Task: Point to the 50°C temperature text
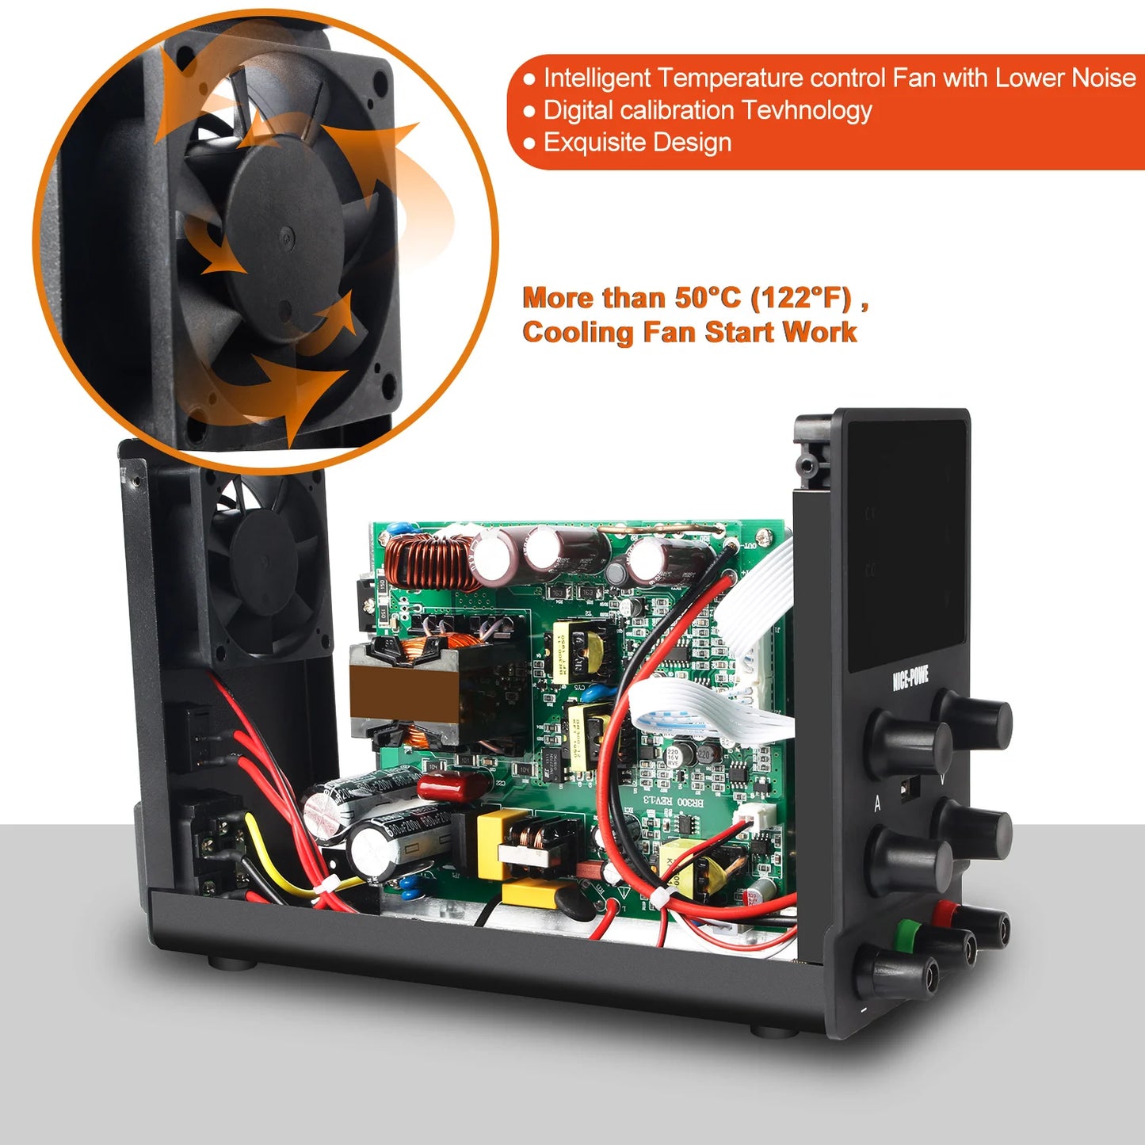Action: tap(708, 298)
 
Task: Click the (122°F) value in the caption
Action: tap(800, 298)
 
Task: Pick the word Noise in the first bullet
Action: tap(1103, 78)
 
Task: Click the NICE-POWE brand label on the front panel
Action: tap(910, 678)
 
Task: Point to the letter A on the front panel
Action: tap(877, 804)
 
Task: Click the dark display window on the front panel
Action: tap(907, 547)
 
